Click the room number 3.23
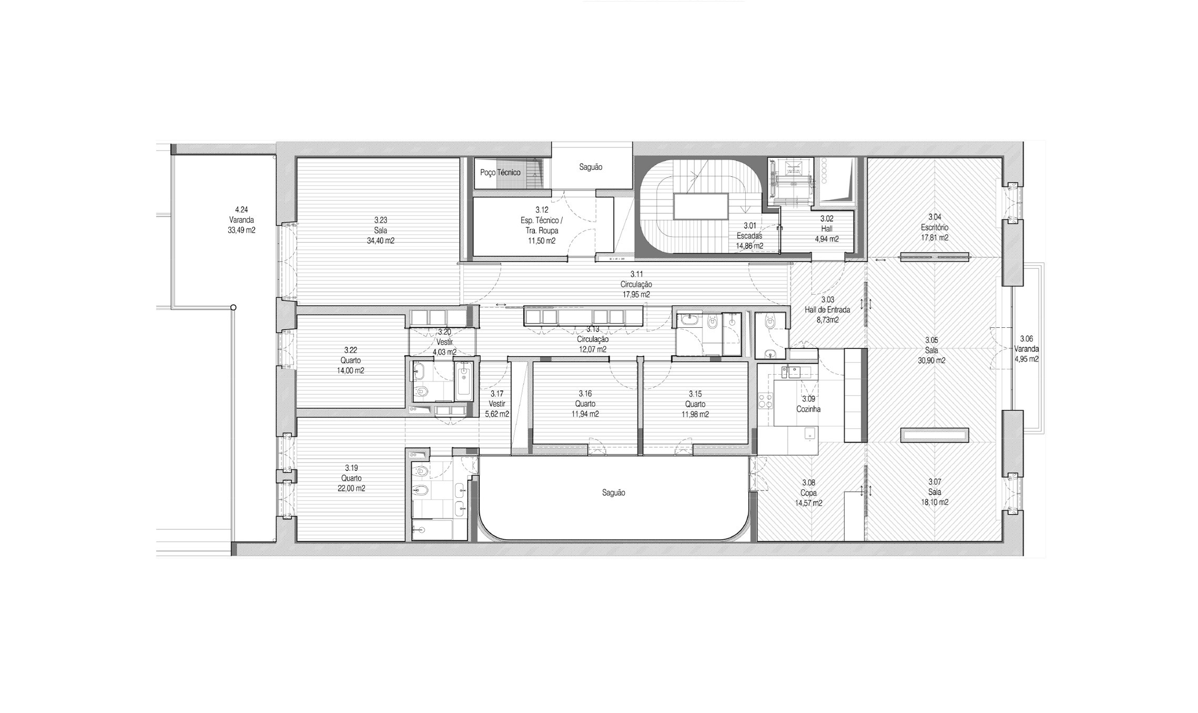coord(380,220)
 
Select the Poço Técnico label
coord(500,173)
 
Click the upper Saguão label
coord(591,167)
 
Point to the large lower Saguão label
coord(614,493)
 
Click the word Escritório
coord(935,227)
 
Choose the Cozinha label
coord(808,409)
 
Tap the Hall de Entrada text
coord(827,309)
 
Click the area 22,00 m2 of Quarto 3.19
coord(351,488)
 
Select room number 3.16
coord(585,394)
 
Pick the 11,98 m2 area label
coord(695,414)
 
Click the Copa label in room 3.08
coord(808,493)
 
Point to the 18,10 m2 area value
coord(935,503)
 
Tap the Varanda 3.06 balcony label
coord(1026,349)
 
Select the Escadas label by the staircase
coord(749,236)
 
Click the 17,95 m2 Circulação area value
coord(636,295)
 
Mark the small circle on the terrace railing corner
coord(233,307)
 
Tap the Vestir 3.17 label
coord(497,404)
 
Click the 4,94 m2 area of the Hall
coord(827,239)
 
